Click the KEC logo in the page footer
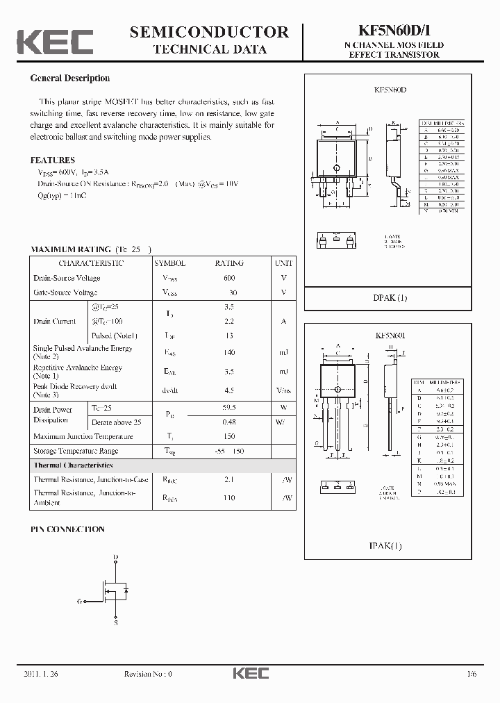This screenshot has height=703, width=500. (249, 673)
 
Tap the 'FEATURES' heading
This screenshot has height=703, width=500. (52, 160)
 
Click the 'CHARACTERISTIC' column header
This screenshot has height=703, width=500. (91, 263)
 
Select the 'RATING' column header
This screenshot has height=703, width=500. (229, 263)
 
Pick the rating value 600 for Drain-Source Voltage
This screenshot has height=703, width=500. (229, 278)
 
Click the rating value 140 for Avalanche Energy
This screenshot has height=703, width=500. (229, 353)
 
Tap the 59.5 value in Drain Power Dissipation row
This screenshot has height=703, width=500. (229, 408)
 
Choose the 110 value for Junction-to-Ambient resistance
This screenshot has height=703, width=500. (229, 497)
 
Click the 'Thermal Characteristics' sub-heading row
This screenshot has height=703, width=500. (73, 465)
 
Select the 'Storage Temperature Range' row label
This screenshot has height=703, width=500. (76, 451)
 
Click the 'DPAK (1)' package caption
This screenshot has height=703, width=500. (390, 298)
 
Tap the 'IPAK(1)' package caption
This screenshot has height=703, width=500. (385, 546)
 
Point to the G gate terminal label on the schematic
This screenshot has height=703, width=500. (79, 601)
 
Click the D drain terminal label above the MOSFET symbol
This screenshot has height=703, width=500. (115, 557)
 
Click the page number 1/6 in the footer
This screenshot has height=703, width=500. (472, 674)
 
